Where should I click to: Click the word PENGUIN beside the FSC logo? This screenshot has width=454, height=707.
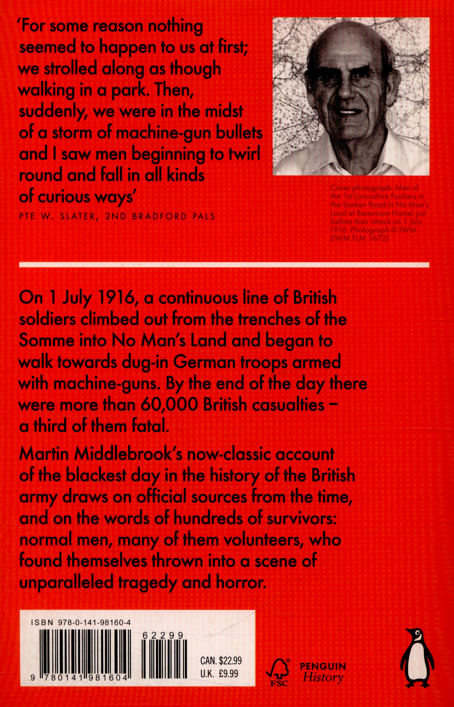tap(323, 665)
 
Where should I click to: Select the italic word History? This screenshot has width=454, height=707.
tap(323, 677)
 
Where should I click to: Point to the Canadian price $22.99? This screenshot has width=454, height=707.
tap(230, 660)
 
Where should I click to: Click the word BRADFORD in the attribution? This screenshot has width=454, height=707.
tap(160, 216)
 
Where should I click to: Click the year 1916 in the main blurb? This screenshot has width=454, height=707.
tap(115, 298)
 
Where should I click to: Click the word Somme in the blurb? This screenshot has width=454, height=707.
tap(46, 341)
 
